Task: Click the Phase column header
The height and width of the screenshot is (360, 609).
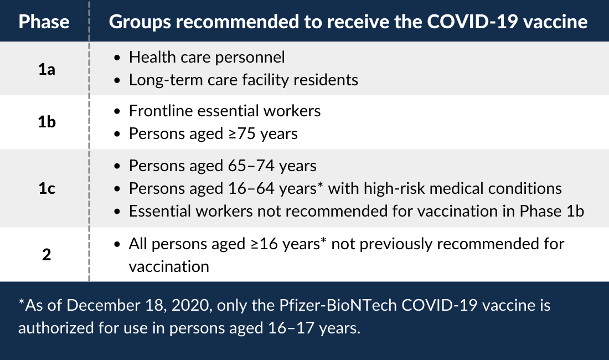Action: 44,22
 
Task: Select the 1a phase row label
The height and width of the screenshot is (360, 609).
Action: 47,69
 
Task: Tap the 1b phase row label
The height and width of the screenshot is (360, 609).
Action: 47,122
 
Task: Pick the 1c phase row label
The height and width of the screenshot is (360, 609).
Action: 47,188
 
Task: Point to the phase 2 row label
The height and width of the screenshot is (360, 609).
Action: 47,255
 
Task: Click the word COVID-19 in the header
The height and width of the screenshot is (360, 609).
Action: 472,22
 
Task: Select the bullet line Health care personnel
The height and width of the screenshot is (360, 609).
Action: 207,58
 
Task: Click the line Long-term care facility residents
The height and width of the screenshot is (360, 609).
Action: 244,80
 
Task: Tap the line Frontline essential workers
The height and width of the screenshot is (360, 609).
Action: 225,111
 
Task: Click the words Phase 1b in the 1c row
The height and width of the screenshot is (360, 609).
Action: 552,211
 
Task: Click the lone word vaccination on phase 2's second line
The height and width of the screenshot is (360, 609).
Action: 169,267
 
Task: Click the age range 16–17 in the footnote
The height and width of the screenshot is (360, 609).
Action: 291,328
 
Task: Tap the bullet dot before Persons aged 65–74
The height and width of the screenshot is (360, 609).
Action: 117,166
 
